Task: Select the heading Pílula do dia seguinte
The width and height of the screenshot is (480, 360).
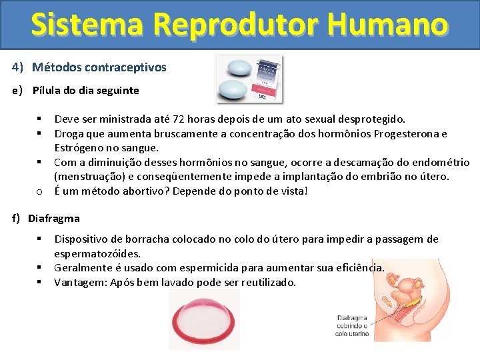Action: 86,90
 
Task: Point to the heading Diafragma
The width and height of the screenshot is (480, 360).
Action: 54,218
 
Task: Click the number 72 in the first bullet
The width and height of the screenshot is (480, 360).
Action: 178,119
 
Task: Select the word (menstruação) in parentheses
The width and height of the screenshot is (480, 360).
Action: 87,177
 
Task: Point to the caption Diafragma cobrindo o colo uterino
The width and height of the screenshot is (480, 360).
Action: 353,325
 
